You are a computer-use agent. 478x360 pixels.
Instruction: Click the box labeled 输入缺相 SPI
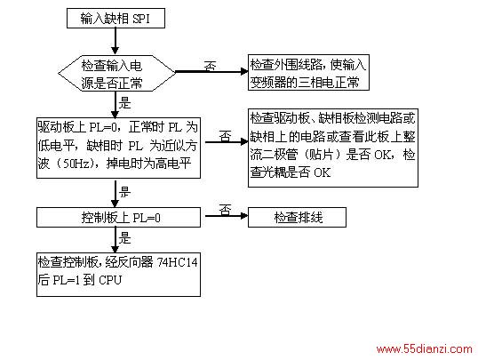click(x=116, y=19)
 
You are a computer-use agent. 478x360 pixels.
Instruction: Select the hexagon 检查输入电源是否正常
click(x=116, y=73)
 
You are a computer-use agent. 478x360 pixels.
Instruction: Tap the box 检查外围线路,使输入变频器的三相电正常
click(x=308, y=72)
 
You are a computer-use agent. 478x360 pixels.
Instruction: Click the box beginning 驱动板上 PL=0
click(x=118, y=148)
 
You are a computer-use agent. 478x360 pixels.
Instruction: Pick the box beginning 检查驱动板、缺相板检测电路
click(x=333, y=148)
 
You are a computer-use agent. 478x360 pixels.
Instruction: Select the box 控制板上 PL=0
click(x=118, y=217)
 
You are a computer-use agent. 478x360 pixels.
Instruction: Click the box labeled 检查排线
click(x=297, y=217)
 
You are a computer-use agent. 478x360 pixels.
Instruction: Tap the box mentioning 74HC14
click(x=118, y=275)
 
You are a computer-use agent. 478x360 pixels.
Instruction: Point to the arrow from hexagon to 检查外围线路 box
click(x=211, y=72)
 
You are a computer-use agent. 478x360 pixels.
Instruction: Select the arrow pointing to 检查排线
click(x=227, y=216)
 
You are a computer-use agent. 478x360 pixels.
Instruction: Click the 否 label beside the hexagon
click(x=210, y=66)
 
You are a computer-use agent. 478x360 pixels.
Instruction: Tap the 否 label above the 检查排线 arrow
click(x=226, y=210)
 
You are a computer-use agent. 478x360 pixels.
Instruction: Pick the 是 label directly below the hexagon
click(x=124, y=103)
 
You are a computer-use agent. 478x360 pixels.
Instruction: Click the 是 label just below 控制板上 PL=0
click(x=124, y=238)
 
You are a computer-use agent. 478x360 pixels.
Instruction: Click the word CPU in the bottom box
click(x=110, y=280)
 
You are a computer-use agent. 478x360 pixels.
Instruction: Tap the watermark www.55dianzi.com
click(x=425, y=348)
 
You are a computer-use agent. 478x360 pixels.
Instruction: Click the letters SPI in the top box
click(x=141, y=19)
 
